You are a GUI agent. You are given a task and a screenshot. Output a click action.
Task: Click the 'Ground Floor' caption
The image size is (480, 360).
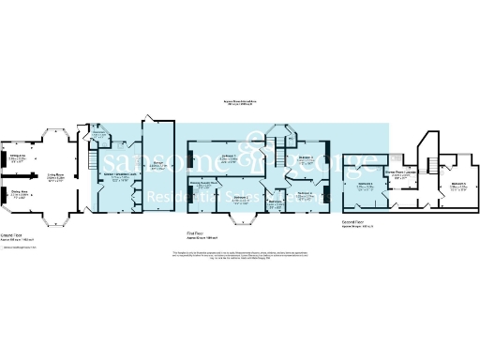11,237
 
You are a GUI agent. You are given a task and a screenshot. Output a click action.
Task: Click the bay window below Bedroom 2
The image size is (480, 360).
242,220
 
